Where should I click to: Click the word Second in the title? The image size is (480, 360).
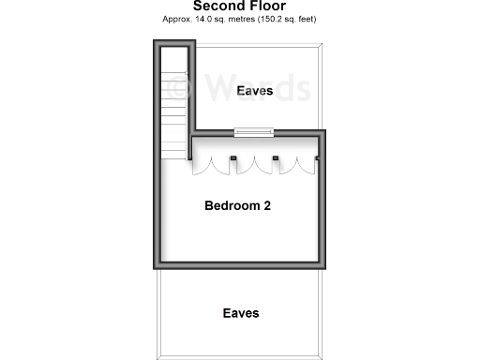[x=215, y=6]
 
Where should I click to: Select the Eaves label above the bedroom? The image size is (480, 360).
[x=255, y=91]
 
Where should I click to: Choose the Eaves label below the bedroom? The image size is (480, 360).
[x=241, y=313]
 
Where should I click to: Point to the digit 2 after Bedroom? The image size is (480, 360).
[x=267, y=205]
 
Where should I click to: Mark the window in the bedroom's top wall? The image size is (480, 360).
[x=254, y=132]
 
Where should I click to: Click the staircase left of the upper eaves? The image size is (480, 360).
[x=174, y=112]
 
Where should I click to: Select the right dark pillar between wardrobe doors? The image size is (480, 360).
[x=276, y=157]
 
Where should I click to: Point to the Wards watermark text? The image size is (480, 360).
[x=253, y=88]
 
